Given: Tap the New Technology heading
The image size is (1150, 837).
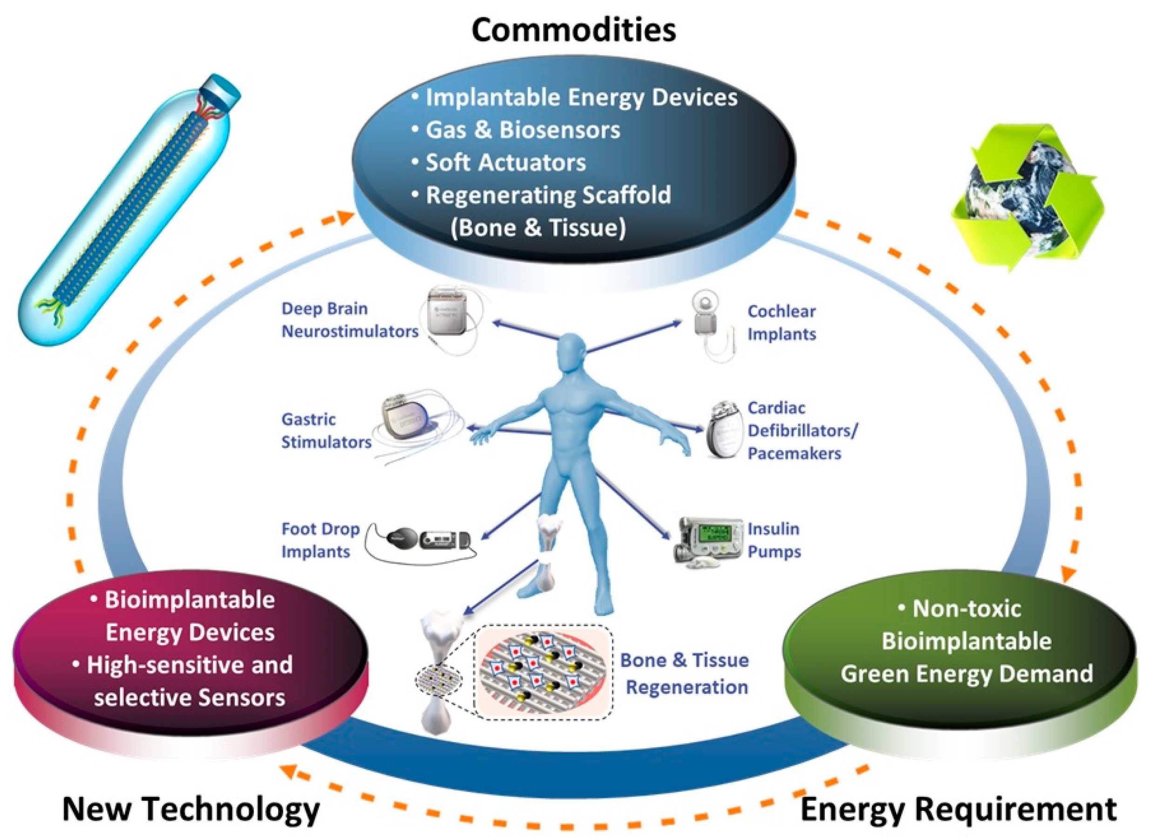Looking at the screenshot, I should click(191, 809).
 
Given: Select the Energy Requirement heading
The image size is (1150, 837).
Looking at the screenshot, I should click(959, 809).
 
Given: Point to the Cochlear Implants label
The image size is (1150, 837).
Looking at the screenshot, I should click(782, 323).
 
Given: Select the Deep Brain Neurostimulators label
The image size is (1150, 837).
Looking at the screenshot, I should click(350, 320).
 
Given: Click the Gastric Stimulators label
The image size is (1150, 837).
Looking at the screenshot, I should click(326, 431).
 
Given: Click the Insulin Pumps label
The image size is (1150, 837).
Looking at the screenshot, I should click(774, 540).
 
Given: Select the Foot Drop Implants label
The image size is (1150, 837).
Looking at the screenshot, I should click(320, 540).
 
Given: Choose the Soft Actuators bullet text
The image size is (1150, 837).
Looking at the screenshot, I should click(505, 162).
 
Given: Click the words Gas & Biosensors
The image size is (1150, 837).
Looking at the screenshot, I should click(522, 130).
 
